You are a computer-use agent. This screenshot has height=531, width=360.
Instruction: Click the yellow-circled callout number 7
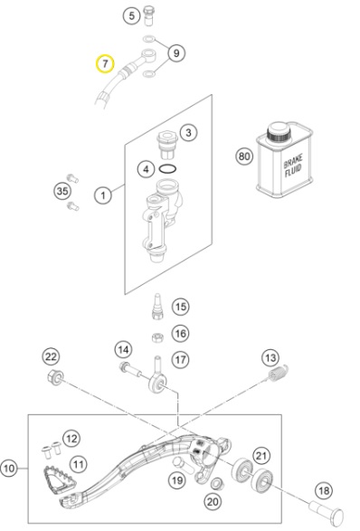click(105, 63)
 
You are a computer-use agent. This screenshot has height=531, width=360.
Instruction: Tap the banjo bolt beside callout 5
click(149, 15)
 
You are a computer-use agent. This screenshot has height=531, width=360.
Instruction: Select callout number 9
click(176, 53)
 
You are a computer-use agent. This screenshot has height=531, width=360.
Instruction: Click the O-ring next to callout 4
click(167, 168)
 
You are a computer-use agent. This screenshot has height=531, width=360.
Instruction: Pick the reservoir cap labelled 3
click(167, 145)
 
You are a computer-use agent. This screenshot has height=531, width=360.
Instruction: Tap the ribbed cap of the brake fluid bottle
click(279, 133)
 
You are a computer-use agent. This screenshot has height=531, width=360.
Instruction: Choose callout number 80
click(244, 156)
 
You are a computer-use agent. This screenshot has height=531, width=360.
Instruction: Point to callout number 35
click(62, 191)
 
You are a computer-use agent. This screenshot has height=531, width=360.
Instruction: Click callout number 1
click(103, 195)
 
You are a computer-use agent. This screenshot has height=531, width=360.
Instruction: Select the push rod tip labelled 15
click(157, 306)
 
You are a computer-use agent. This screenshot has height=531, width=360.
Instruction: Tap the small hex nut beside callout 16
click(156, 337)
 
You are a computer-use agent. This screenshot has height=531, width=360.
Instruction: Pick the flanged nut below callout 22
click(55, 377)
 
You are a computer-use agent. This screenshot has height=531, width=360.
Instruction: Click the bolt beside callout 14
click(131, 370)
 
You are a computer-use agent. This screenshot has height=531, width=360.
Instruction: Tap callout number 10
click(9, 469)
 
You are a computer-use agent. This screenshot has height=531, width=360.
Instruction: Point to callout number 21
click(261, 456)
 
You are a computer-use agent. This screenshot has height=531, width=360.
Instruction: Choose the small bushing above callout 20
click(217, 484)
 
